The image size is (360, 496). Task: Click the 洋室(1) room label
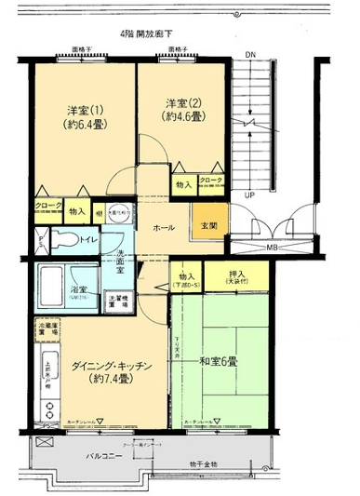[x=84, y=108]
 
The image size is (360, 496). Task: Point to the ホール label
[x=163, y=227]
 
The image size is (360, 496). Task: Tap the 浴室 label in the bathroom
[x=52, y=291]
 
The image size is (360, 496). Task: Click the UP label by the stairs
[x=249, y=195]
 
